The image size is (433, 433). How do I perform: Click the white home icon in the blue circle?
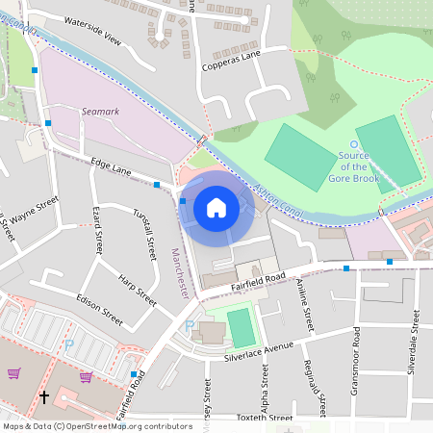(x=216, y=207)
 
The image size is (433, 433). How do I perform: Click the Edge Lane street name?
(x=111, y=167)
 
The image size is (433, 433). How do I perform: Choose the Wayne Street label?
(x=36, y=209)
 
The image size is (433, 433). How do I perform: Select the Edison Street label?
(x=99, y=306)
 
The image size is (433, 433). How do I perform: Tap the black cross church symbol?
(x=43, y=396)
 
